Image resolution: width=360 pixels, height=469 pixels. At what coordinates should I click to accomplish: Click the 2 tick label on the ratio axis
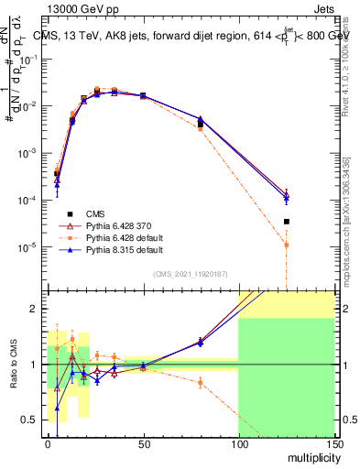point(36,309)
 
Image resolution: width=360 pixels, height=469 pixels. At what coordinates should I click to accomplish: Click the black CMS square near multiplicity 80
point(201,125)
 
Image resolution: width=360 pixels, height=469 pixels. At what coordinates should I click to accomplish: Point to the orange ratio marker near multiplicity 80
point(201,382)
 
